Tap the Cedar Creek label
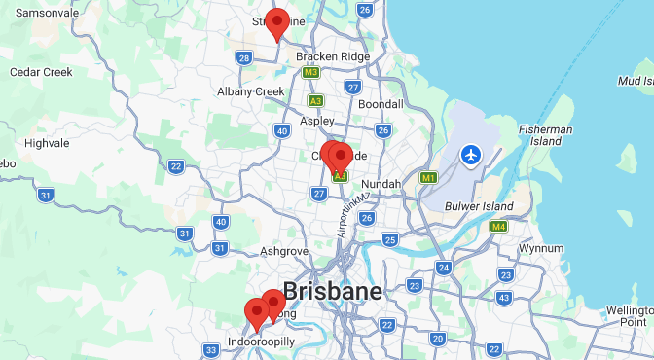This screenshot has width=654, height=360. (x=41, y=72)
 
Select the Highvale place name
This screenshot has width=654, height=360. (x=47, y=142)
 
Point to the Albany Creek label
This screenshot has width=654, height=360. (x=251, y=91)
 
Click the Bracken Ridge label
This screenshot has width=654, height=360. (x=333, y=56)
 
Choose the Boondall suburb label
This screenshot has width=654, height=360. (x=381, y=104)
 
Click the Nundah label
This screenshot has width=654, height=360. (x=381, y=184)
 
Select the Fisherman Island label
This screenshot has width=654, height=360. (x=546, y=135)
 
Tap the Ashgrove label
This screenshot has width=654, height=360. (x=284, y=251)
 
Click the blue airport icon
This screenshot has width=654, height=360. (x=472, y=155)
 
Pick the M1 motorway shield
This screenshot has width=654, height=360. (x=428, y=178)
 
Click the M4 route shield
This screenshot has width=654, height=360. (x=499, y=227)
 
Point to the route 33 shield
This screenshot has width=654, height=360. (x=211, y=350)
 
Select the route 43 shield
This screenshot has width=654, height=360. (x=504, y=298)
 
